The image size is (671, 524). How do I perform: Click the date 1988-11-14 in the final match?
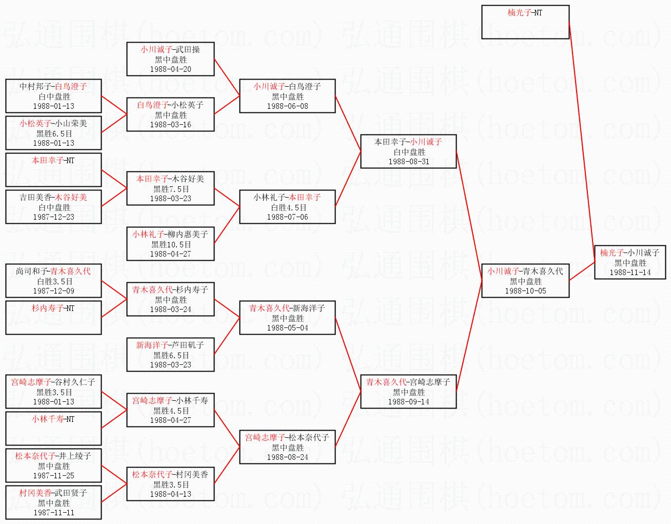pos(630,273)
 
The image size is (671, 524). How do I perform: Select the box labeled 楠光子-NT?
pos(525,22)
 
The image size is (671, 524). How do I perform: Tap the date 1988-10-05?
pos(525,291)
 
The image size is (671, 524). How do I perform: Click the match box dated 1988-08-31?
pos(408,151)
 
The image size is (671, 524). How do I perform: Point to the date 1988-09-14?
pos(408,402)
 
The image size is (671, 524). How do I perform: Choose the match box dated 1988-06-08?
pos(287,96)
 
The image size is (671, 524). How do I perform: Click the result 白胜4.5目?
pos(287,207)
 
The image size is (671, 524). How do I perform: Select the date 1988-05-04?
pos(287,328)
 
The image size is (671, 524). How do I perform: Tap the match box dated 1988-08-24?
pos(287,447)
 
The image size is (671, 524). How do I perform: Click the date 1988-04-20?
pos(170,69)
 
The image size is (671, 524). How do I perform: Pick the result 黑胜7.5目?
pos(170,189)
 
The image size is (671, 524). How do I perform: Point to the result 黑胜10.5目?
pos(170,244)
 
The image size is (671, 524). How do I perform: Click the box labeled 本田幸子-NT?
pos(53,169)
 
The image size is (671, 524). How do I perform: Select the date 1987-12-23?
pos(53,217)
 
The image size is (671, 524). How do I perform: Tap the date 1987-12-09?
pos(53,291)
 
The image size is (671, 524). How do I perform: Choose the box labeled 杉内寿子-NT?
pos(53,317)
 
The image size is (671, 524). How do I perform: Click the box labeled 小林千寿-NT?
pos(53,428)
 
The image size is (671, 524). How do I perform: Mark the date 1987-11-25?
pos(53,476)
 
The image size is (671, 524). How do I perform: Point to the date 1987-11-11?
pos(53,513)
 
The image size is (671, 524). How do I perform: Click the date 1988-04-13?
pos(170,494)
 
